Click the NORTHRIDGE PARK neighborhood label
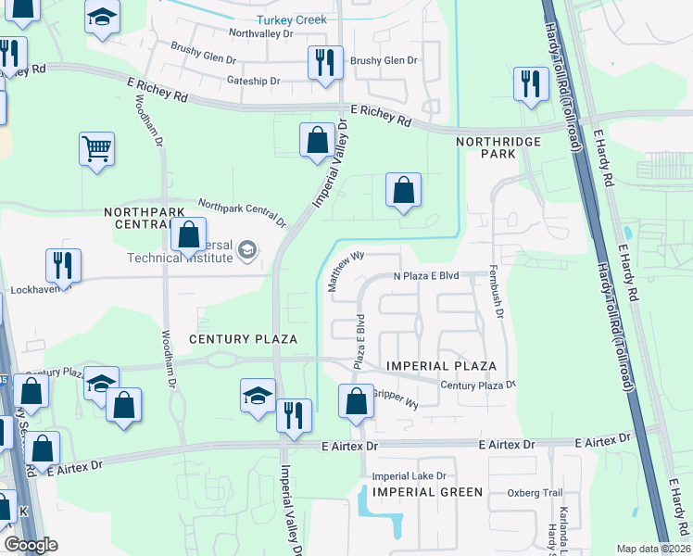point(485,148)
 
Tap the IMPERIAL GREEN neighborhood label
point(427,492)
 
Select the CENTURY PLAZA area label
point(243,339)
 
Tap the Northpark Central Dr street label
point(242,214)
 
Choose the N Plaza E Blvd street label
point(426,276)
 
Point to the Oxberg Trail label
point(535,493)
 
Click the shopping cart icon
point(97,148)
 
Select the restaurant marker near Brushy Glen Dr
point(325,63)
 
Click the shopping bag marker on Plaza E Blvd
point(357,401)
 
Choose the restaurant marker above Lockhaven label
point(63,264)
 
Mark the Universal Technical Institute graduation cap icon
point(247,249)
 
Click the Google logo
point(31,545)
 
